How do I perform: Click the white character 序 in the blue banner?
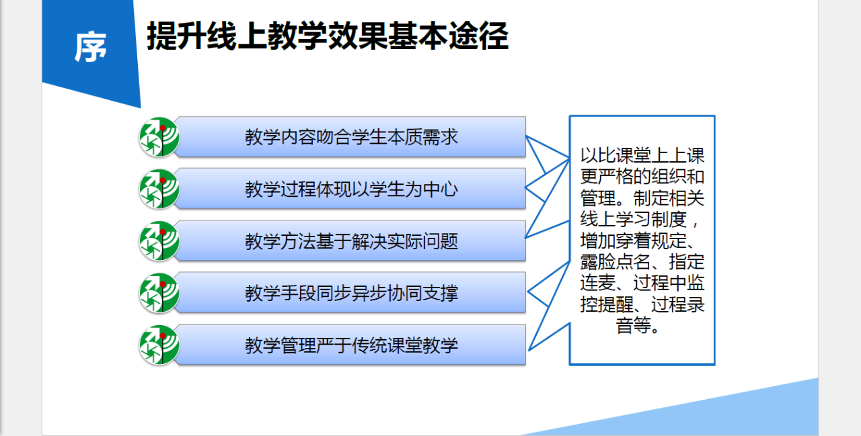tap(90, 47)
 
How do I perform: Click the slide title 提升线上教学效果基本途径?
tap(328, 36)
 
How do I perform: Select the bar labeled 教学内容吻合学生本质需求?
tap(351, 137)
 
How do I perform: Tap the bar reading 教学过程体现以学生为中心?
tap(351, 189)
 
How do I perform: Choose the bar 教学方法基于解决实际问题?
tap(351, 241)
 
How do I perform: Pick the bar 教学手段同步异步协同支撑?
tap(351, 293)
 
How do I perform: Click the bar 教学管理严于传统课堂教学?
tap(351, 345)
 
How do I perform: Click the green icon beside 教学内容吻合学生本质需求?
tap(159, 137)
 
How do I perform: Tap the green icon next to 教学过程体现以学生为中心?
tap(159, 189)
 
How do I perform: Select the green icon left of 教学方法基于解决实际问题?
tap(159, 241)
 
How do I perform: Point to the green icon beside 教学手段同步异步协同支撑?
tap(159, 293)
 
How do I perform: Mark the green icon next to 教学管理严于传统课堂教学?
tap(159, 345)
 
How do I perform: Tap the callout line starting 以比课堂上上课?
tap(642, 156)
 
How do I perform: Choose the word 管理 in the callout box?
tap(598, 198)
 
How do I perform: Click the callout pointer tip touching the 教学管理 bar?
tap(529, 350)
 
